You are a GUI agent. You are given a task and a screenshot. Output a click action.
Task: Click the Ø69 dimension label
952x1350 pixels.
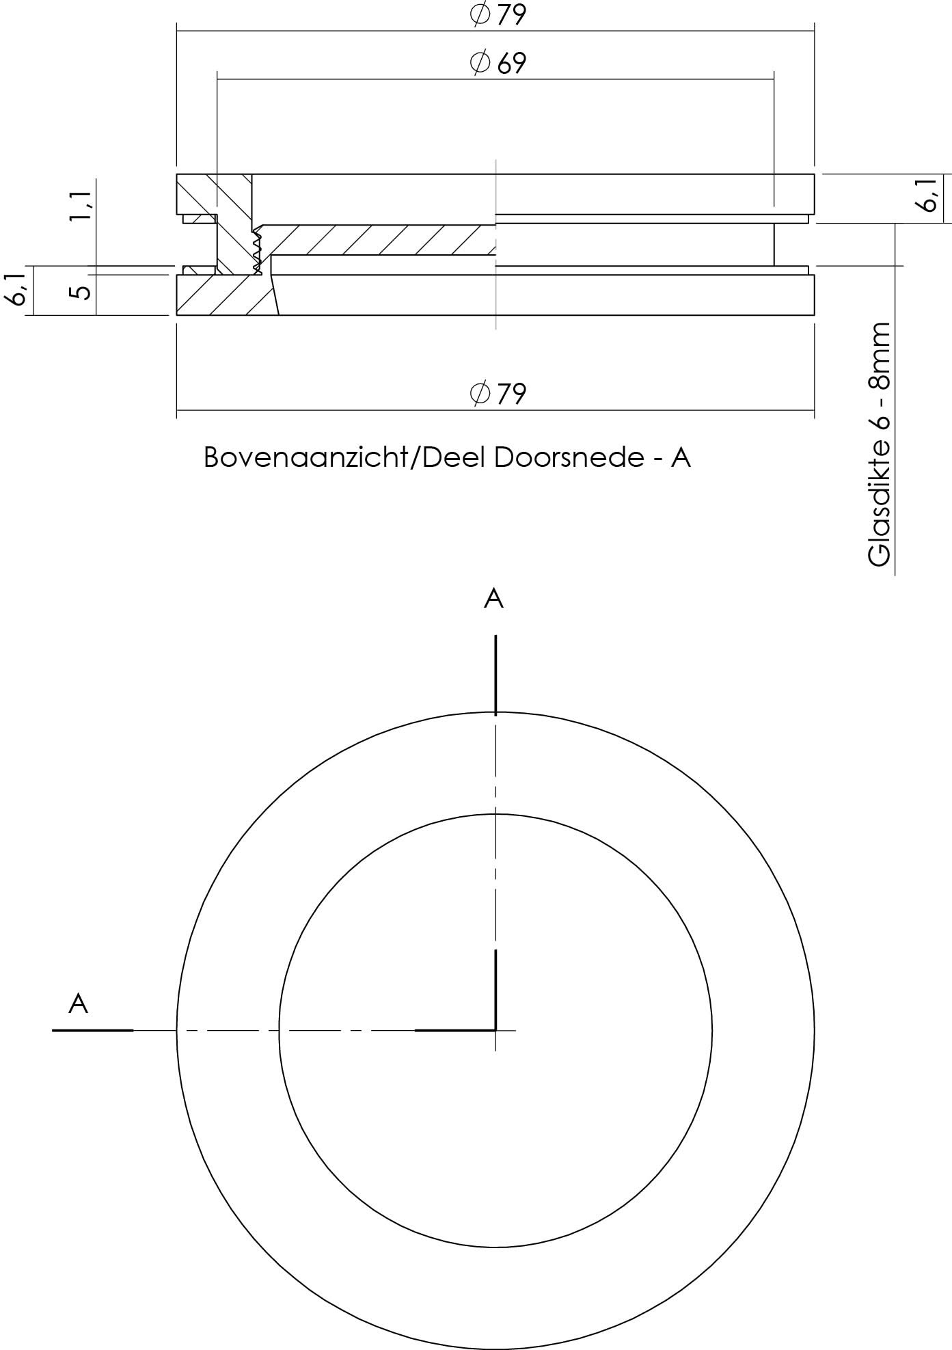pos(498,63)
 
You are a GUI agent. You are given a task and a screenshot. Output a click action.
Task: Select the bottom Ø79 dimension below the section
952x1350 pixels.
pos(498,393)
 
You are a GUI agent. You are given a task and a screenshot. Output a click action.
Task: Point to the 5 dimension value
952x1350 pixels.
pos(80,292)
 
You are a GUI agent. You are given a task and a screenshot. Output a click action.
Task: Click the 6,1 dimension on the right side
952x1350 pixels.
pos(928,196)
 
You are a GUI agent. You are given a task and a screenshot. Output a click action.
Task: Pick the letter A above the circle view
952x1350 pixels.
pos(493,599)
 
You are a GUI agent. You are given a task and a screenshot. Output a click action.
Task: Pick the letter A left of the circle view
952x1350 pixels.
pos(79,1004)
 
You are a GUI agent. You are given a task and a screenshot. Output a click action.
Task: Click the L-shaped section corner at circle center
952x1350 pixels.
pos(494,1028)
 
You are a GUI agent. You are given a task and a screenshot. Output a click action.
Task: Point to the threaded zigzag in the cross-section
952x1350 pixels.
pos(257,252)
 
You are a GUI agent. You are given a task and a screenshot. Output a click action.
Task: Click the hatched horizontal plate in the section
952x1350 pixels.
pos(376,240)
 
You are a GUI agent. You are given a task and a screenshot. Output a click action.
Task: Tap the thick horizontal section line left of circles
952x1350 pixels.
pos(92,1029)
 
